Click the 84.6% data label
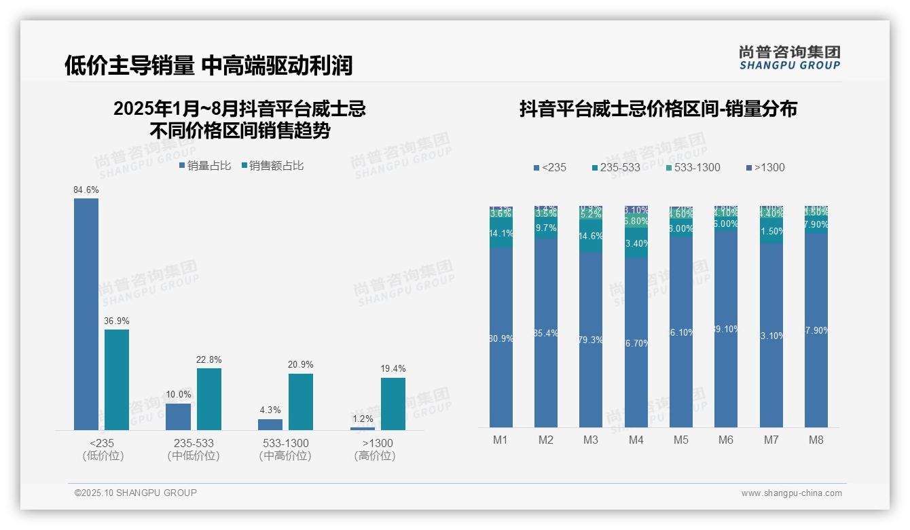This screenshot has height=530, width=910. [86, 190]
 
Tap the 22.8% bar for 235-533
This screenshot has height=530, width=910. [208, 399]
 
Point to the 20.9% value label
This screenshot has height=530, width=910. [300, 365]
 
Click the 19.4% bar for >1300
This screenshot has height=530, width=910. [393, 404]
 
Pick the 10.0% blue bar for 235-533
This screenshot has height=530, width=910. [178, 417]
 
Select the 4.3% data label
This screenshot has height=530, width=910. [270, 410]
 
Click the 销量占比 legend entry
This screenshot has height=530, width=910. [204, 166]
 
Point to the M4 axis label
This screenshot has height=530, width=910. [636, 440]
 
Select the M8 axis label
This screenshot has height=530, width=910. [816, 440]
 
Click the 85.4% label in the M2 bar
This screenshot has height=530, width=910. [546, 333]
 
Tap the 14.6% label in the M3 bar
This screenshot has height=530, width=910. [591, 236]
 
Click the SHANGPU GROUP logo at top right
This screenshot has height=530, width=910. [789, 58]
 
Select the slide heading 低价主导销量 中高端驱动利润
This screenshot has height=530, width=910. [208, 66]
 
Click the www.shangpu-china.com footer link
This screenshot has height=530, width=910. [791, 493]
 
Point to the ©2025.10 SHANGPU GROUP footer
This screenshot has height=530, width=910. [136, 493]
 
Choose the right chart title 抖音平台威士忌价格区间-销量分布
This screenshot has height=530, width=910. [658, 109]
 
